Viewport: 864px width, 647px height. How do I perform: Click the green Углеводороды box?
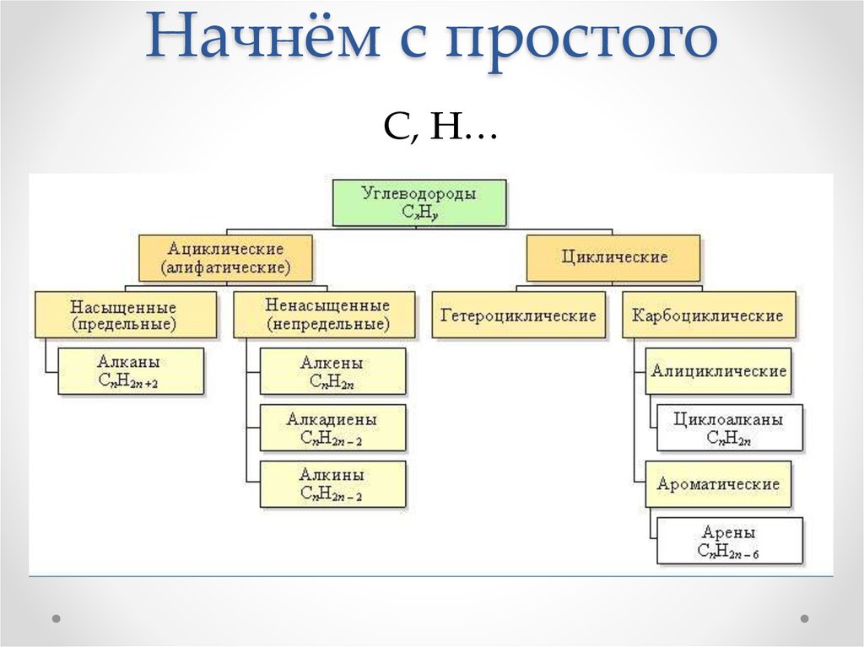[419, 202]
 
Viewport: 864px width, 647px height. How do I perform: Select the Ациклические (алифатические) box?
[225, 258]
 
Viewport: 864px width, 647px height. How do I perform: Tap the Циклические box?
[613, 258]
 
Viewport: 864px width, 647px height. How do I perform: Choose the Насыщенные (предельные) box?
[124, 315]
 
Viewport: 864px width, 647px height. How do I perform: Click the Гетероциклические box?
[518, 315]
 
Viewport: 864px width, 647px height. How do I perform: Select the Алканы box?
[130, 371]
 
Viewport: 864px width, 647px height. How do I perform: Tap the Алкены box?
[332, 371]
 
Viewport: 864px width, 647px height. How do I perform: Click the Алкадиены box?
[332, 428]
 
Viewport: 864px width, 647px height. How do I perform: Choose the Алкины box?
[332, 483]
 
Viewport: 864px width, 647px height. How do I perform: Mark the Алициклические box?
[719, 371]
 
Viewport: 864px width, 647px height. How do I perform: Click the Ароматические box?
[718, 484]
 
